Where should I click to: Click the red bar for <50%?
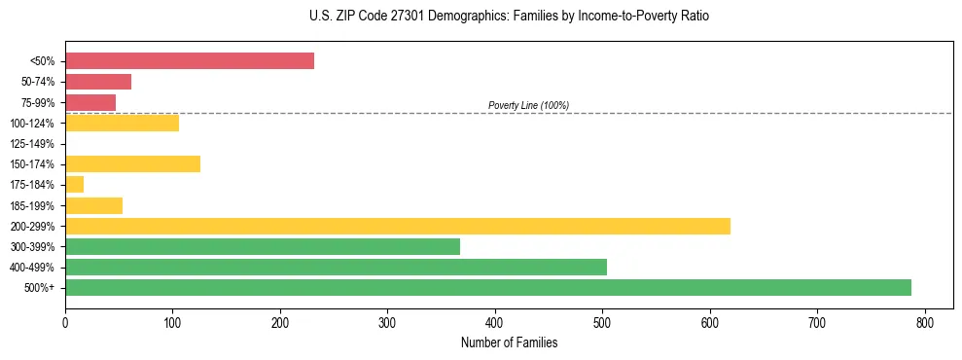(x=190, y=61)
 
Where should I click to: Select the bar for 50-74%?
(x=98, y=82)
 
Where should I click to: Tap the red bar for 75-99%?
(x=90, y=102)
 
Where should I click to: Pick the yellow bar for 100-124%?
(x=123, y=123)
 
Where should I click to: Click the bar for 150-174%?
(x=132, y=163)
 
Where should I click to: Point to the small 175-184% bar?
(x=75, y=184)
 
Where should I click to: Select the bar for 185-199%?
(x=94, y=205)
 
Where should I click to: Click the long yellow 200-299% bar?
(x=398, y=226)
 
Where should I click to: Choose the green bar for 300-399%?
(x=263, y=246)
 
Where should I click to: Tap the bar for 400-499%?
(x=337, y=267)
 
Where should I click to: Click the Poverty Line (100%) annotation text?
(x=528, y=105)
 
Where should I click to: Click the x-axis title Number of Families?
(x=509, y=342)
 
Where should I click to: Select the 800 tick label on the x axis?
(x=925, y=321)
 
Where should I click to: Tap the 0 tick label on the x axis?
(x=65, y=321)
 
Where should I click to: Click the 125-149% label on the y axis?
(x=32, y=144)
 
